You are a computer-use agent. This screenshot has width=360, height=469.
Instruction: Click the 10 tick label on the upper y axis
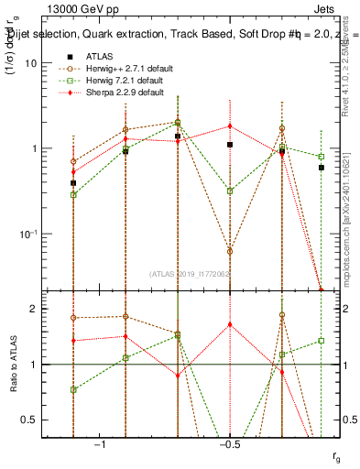click(x=31, y=63)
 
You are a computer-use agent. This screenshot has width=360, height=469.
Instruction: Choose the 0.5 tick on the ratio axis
click(x=30, y=420)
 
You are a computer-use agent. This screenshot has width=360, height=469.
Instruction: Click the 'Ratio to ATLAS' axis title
click(x=12, y=364)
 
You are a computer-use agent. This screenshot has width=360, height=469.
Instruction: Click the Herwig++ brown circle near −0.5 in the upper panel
click(x=230, y=250)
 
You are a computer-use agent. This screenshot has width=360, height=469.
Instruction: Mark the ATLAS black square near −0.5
click(x=230, y=145)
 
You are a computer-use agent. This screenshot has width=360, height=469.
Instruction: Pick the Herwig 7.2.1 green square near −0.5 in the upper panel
click(x=230, y=191)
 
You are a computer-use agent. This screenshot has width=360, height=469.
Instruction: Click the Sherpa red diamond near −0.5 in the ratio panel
click(x=230, y=324)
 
